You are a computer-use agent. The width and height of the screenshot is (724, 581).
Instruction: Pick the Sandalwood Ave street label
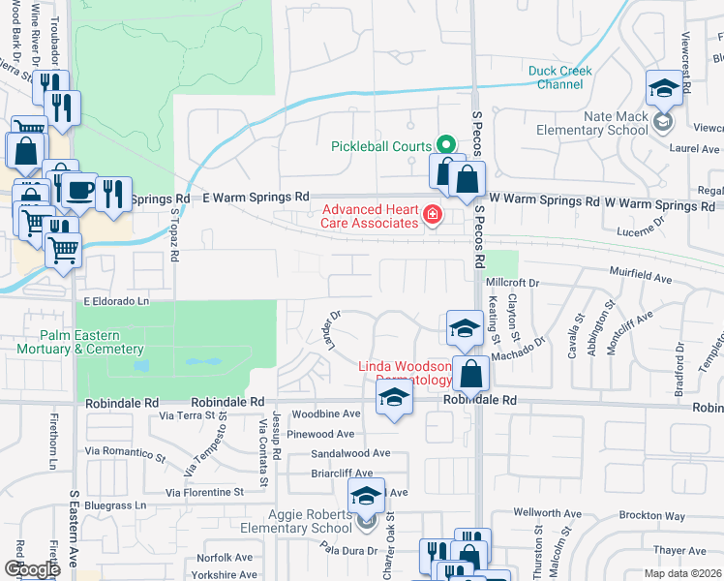[350, 453]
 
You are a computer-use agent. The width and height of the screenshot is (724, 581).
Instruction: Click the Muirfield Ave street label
[640, 279]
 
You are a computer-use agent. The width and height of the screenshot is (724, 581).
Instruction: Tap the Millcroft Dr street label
[517, 283]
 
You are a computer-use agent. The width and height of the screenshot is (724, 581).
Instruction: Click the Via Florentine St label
[204, 493]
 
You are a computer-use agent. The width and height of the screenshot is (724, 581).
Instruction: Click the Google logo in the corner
[32, 569]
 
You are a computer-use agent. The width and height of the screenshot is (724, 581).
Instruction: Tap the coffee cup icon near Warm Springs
[82, 189]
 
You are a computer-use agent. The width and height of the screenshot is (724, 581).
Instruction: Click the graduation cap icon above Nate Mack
[665, 89]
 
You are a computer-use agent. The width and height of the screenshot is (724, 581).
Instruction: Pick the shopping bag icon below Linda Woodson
[470, 373]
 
